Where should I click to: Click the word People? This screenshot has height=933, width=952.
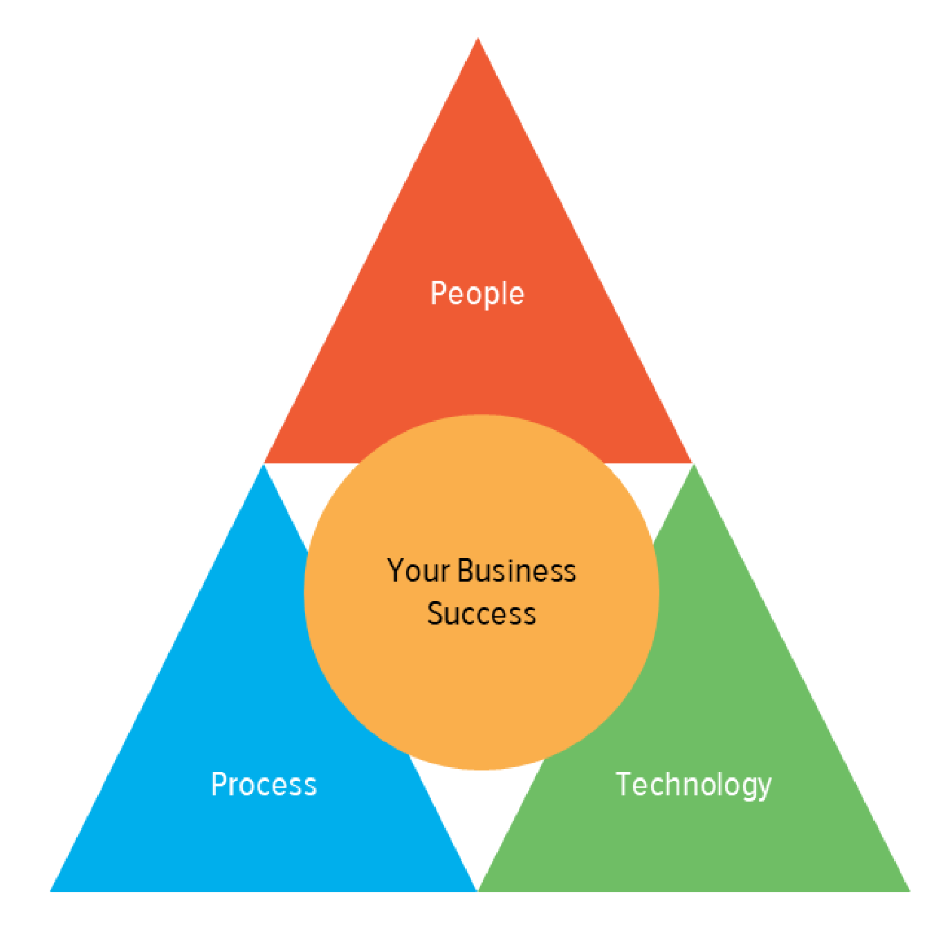point(477,294)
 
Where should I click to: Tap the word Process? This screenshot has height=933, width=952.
point(264,784)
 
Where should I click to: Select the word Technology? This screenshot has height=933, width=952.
point(693,785)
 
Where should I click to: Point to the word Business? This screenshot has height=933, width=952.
point(517,571)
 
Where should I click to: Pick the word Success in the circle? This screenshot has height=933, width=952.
point(481,614)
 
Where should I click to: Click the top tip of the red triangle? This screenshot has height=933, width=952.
point(477,38)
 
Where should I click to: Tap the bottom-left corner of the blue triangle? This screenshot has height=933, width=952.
point(51,892)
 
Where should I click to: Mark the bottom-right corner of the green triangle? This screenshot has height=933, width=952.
point(910,892)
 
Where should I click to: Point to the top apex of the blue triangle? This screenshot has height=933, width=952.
point(264,465)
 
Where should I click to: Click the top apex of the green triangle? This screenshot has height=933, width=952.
point(694,465)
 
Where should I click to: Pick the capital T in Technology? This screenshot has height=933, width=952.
point(625,784)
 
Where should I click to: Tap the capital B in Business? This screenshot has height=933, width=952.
point(467,571)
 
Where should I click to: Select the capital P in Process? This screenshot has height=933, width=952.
point(219,784)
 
